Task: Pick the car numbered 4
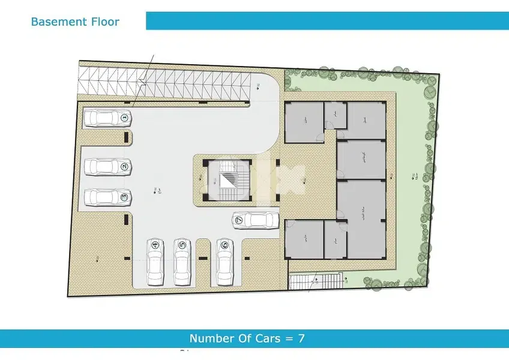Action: click(x=155, y=262)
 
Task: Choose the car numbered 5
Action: click(x=182, y=262)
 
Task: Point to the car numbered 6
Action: click(x=225, y=262)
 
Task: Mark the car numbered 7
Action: click(x=255, y=220)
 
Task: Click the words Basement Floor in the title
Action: click(x=75, y=22)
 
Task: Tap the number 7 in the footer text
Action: click(x=301, y=338)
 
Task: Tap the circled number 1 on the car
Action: click(x=124, y=118)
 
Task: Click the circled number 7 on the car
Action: click(x=239, y=220)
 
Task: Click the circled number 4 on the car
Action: click(x=155, y=245)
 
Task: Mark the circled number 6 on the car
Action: click(x=225, y=244)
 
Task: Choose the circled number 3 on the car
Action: click(x=124, y=197)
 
